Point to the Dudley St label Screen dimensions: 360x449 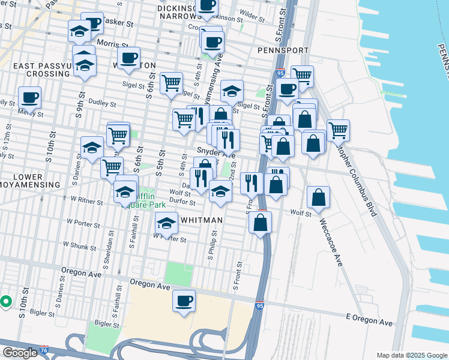pos(97,102)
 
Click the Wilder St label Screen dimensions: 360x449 pos(252,12)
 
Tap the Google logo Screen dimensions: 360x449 pos(20,353)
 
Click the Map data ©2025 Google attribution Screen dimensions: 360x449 pos(411,355)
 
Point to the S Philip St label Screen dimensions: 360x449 pos(211,248)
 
